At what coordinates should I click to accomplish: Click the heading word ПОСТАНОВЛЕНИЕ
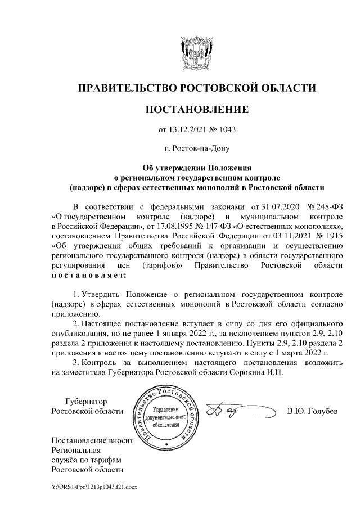[197, 109]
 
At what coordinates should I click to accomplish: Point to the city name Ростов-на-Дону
[197, 149]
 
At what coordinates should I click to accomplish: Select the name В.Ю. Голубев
[312, 411]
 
